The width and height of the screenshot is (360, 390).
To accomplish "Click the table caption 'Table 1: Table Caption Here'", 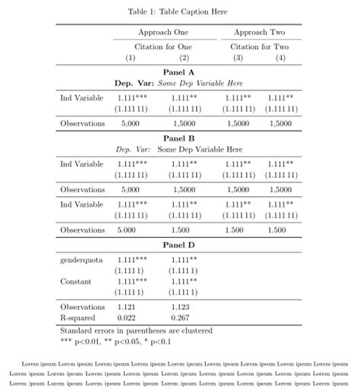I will tap(178, 11).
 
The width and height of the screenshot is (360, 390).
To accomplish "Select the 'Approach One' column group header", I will tap(163, 33).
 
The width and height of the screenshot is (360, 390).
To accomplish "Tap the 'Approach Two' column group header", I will tap(259, 33).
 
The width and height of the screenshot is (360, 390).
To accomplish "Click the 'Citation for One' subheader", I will tap(163, 47).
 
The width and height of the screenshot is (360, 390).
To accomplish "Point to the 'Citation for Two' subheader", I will tap(259, 47).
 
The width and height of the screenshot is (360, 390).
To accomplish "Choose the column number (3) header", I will tap(238, 58).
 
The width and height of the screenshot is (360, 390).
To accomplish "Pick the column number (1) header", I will tap(130, 58).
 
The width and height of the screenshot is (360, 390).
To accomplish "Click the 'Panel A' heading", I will tap(179, 71).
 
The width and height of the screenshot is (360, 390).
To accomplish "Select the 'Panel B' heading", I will tap(179, 138).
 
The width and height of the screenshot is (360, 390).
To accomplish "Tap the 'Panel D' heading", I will tap(179, 245).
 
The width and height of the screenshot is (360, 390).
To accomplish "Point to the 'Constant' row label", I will tap(76, 281).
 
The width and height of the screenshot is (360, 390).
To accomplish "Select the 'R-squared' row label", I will tap(77, 317).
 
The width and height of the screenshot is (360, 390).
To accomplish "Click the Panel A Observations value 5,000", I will tap(130, 122).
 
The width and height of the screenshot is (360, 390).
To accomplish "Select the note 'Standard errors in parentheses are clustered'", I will tap(135, 331).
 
